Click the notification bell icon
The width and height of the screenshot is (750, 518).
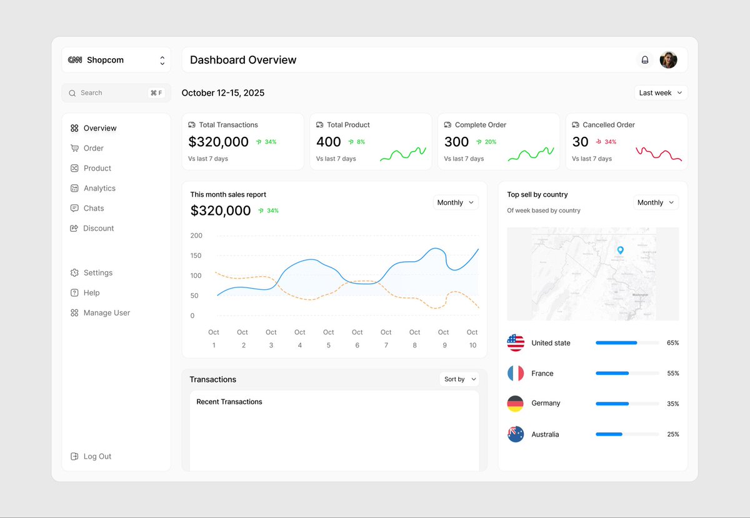tap(645, 60)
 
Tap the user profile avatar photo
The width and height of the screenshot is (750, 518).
tap(668, 60)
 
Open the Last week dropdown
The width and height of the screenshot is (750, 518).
tap(661, 93)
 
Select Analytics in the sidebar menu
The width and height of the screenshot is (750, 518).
tap(99, 188)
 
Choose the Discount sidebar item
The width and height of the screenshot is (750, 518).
tap(98, 228)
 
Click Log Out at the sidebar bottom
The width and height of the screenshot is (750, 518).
tap(97, 457)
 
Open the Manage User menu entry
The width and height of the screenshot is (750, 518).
tap(106, 313)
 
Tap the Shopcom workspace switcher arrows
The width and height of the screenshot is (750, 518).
tap(162, 61)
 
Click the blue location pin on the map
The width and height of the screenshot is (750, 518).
tap(620, 250)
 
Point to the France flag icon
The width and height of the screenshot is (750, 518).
tap(516, 374)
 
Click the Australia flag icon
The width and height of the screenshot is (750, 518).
tap(516, 434)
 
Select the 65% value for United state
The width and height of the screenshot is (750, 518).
tap(672, 343)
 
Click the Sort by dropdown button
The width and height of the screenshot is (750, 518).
tap(459, 379)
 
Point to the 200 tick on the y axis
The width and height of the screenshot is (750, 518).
tap(196, 236)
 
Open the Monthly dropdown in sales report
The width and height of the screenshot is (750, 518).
tap(455, 202)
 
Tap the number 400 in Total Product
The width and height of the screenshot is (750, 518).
tap(328, 142)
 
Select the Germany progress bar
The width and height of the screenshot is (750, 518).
tap(627, 404)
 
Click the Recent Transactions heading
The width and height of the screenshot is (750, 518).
tap(229, 402)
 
